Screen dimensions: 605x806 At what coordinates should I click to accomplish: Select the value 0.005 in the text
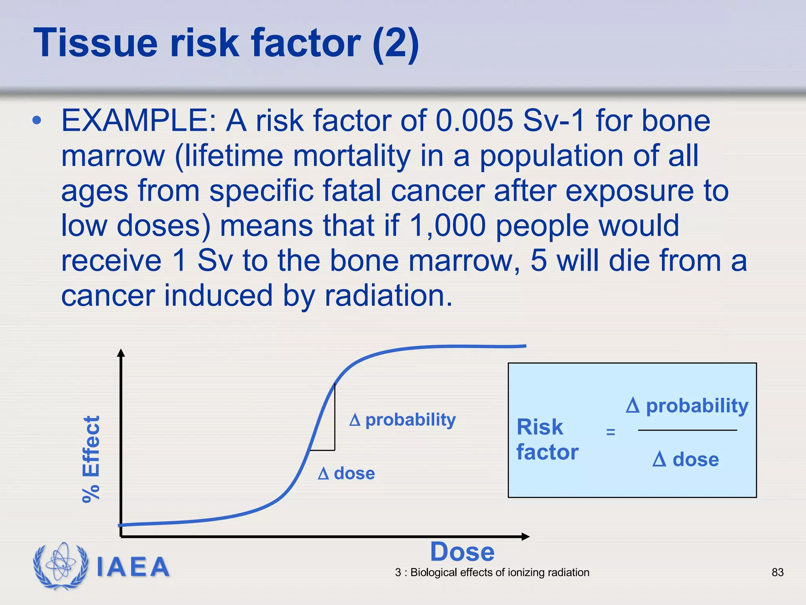(x=474, y=121)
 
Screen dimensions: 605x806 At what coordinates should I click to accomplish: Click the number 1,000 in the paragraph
(x=447, y=226)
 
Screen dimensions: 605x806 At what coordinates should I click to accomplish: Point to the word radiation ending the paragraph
(x=388, y=296)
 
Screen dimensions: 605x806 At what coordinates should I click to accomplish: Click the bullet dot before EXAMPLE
(x=37, y=121)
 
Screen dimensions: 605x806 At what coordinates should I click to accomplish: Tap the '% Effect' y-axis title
(x=91, y=459)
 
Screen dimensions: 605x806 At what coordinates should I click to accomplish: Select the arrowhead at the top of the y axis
(x=121, y=352)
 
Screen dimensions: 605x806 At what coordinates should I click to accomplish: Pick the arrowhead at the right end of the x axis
(x=526, y=536)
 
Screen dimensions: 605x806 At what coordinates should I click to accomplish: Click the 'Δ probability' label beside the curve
(x=402, y=420)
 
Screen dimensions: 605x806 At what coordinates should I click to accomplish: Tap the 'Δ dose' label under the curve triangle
(x=346, y=473)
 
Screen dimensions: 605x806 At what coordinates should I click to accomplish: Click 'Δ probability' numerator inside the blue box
(x=687, y=406)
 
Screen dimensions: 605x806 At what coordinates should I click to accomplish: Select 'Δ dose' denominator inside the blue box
(x=686, y=460)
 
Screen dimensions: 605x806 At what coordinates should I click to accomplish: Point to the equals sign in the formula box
(x=610, y=432)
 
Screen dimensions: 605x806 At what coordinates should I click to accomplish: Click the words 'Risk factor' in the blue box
(x=547, y=439)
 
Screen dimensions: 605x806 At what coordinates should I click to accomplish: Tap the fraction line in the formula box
(x=687, y=430)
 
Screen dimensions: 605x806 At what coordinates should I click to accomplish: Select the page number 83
(x=777, y=572)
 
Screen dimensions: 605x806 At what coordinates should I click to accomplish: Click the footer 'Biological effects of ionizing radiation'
(x=499, y=572)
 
